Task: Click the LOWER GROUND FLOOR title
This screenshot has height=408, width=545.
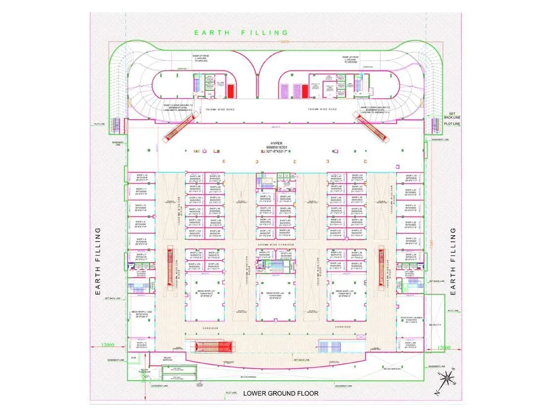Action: [x=280, y=393]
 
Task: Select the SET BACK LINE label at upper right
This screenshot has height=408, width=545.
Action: [x=451, y=115]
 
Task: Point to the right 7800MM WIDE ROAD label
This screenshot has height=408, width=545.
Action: [x=322, y=109]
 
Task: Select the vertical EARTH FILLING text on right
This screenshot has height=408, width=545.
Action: [x=453, y=262]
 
